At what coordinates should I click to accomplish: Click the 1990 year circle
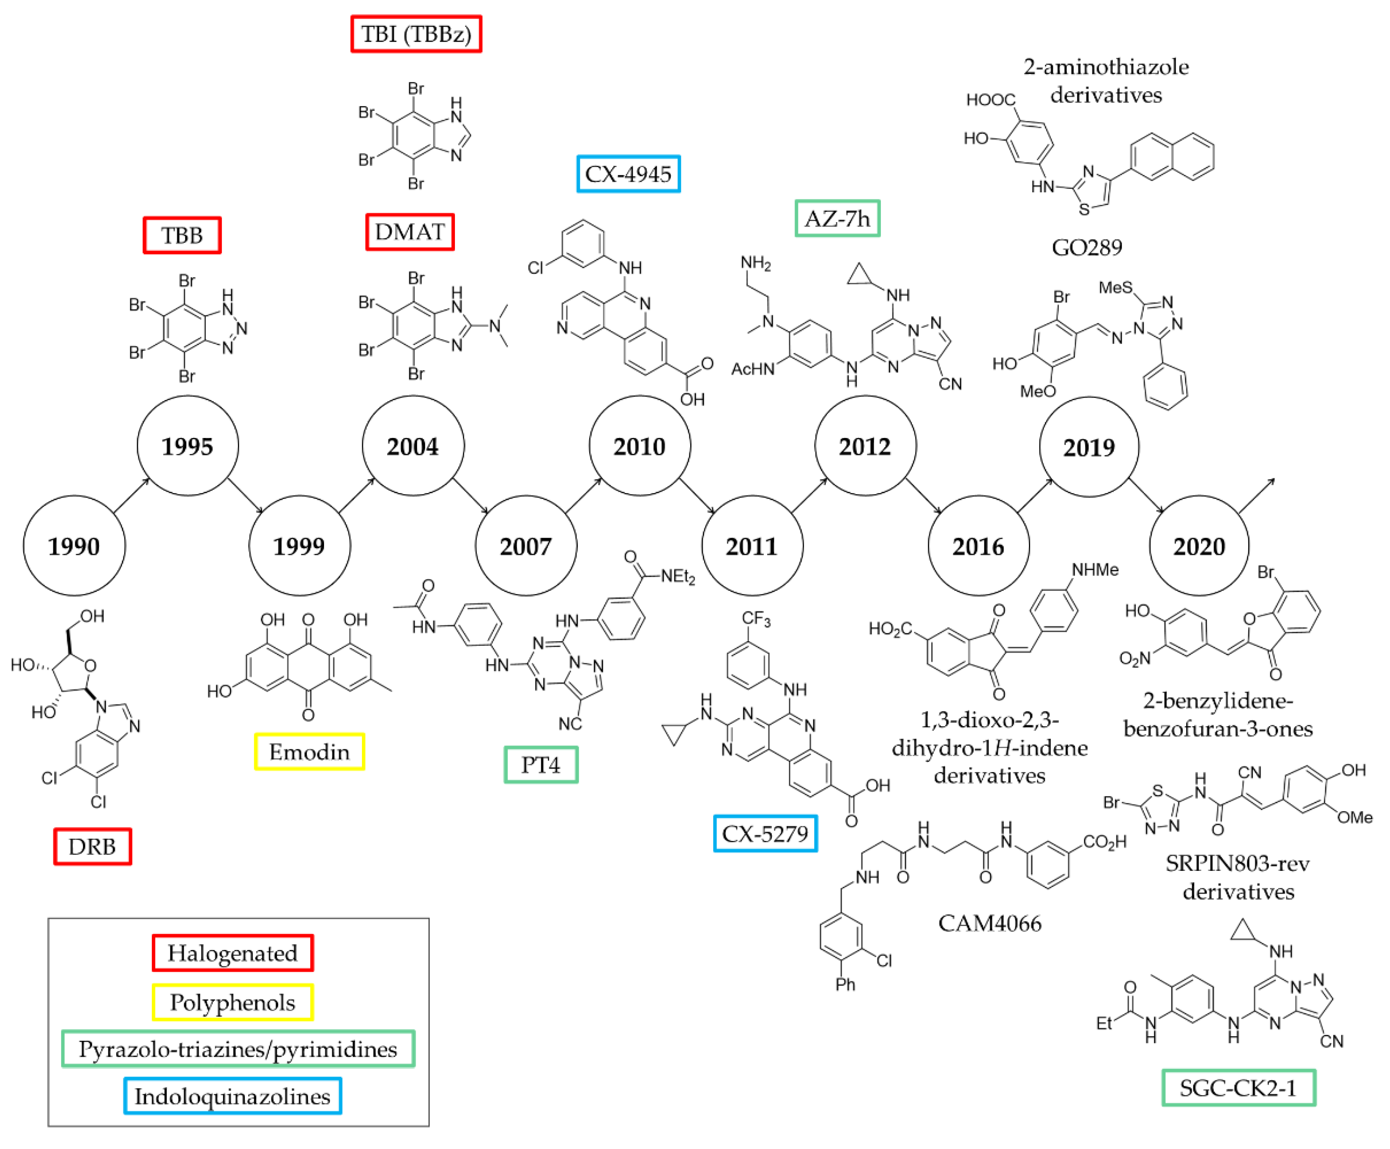click(x=74, y=546)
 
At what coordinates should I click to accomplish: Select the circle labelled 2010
click(x=639, y=446)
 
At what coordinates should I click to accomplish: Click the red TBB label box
click(x=182, y=235)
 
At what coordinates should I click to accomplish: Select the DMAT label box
click(x=410, y=232)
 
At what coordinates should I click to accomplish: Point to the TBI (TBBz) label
click(x=416, y=34)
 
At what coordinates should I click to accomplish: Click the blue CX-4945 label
click(x=628, y=174)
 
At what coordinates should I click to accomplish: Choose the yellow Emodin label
click(x=309, y=752)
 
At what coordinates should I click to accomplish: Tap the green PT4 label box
click(x=541, y=765)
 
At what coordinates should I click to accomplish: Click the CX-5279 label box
click(x=765, y=833)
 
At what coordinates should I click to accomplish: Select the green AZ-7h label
click(x=837, y=218)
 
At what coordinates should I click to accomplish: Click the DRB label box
click(x=92, y=846)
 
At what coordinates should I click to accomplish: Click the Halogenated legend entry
click(x=232, y=953)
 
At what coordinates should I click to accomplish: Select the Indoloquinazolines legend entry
click(x=232, y=1096)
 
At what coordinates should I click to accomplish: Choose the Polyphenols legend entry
click(x=232, y=1002)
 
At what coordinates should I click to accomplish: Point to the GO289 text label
click(x=1087, y=247)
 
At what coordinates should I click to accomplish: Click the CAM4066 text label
click(x=989, y=923)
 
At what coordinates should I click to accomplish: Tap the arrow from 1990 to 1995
click(x=132, y=495)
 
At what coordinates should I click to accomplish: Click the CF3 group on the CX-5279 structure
click(x=756, y=619)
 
